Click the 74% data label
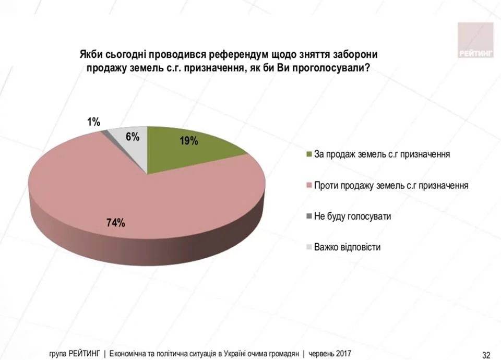(x=115, y=223)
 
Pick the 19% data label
(x=188, y=140)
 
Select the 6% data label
(x=133, y=137)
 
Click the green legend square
(x=309, y=154)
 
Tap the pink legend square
(x=309, y=185)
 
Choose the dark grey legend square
(x=309, y=216)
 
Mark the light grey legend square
(x=309, y=247)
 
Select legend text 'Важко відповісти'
(x=347, y=247)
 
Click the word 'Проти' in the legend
(x=324, y=185)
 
